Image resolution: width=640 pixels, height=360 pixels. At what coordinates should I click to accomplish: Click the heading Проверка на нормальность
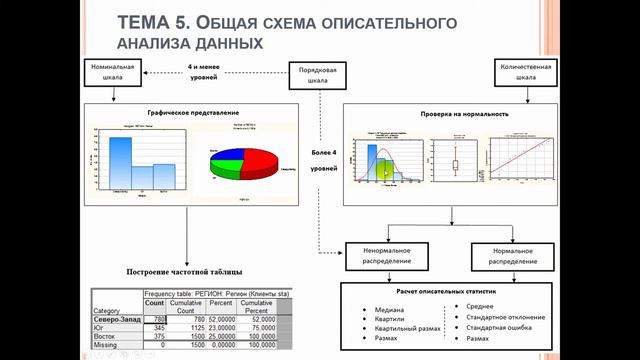(x=451, y=114)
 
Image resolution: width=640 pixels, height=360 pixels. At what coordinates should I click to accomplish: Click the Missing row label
(x=106, y=346)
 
